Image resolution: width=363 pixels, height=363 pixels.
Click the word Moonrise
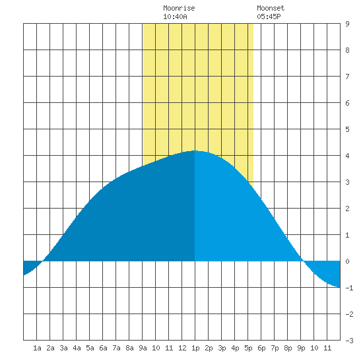179,8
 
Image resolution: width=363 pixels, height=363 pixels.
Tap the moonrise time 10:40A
175,16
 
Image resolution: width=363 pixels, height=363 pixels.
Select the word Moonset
271,8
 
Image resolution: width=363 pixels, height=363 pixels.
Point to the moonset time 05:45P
269,16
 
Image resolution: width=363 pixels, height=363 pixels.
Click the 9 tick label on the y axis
347,24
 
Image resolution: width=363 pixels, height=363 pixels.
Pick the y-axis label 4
347,156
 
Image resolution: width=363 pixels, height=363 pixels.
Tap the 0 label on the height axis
347,261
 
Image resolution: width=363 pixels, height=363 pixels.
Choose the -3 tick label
349,341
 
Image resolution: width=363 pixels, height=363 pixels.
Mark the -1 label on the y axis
349,288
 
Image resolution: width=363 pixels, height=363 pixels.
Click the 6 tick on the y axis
347,103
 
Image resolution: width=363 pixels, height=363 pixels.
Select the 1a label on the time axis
37,348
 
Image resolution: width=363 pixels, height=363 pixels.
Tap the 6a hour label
103,348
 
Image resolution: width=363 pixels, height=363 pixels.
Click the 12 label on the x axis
182,348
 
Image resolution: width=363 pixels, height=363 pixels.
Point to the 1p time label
195,348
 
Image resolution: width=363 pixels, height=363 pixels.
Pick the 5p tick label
248,348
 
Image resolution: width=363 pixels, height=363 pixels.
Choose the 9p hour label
301,348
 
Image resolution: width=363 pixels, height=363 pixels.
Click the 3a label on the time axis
63,348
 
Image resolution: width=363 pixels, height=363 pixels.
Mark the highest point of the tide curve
195,150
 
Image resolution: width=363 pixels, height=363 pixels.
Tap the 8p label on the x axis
288,348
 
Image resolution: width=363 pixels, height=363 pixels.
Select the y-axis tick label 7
347,77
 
